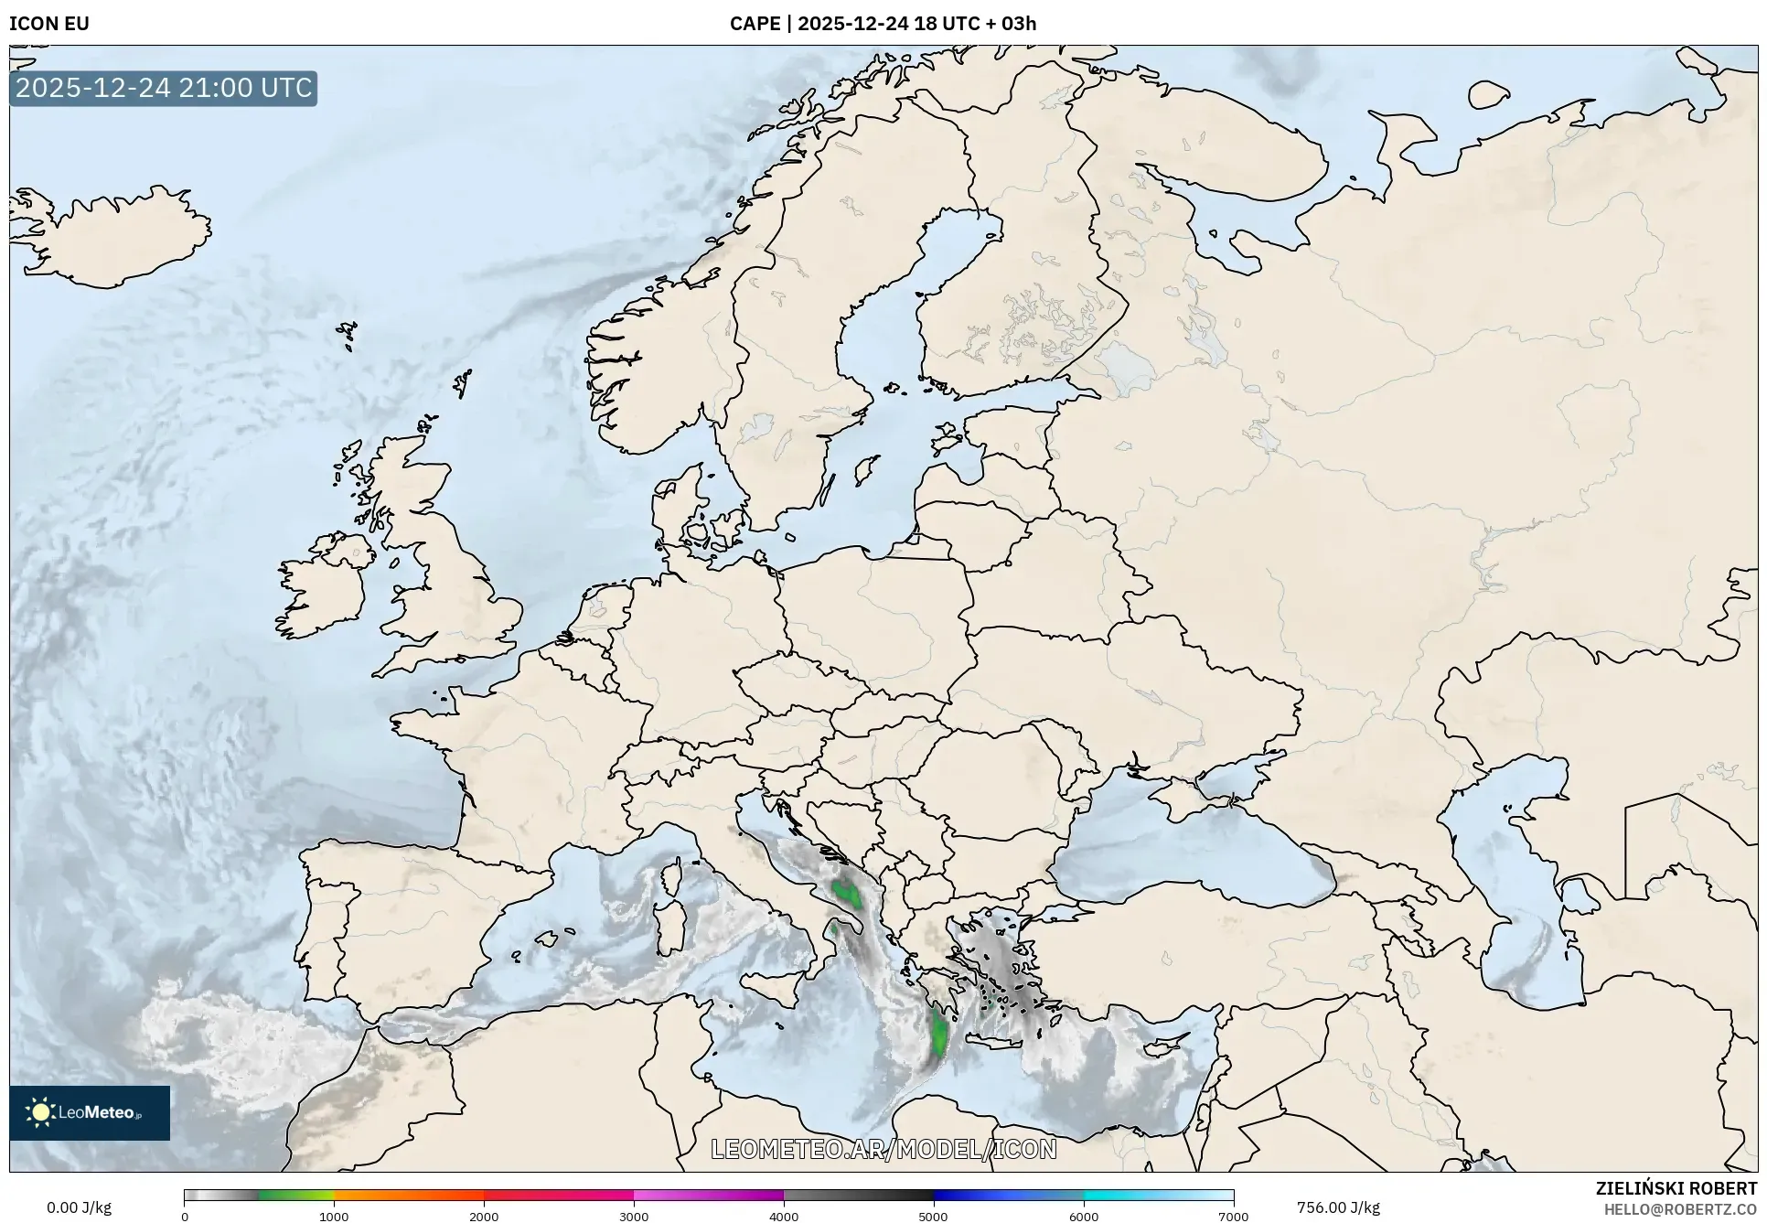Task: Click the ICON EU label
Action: [49, 24]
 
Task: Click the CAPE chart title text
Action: [883, 24]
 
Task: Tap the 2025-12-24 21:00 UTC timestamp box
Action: [164, 88]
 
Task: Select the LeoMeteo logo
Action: [90, 1112]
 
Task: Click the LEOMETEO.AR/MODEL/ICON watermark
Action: [883, 1149]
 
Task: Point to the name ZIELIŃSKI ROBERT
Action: [1676, 1188]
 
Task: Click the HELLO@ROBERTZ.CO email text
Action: [1680, 1209]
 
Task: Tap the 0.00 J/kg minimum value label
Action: [80, 1207]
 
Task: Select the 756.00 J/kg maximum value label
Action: [1338, 1207]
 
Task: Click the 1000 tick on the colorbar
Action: [334, 1216]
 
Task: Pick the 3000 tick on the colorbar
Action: [634, 1216]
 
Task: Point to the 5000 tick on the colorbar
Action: [933, 1216]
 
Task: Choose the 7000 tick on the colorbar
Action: [1233, 1216]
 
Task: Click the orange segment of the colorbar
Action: [409, 1196]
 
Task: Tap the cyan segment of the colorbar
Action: [1158, 1196]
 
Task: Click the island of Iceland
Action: [114, 235]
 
